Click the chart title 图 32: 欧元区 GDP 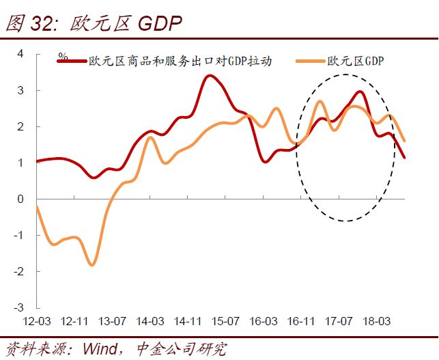point(94,23)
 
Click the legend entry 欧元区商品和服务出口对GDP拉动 point(180,61)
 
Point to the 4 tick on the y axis point(20,53)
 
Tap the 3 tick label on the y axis point(20,90)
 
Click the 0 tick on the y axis point(20,199)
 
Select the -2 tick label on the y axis point(18,271)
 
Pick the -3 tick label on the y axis point(18,307)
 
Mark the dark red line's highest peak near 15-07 point(210,75)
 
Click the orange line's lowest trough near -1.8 point(92,264)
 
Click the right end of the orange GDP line point(404,141)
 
